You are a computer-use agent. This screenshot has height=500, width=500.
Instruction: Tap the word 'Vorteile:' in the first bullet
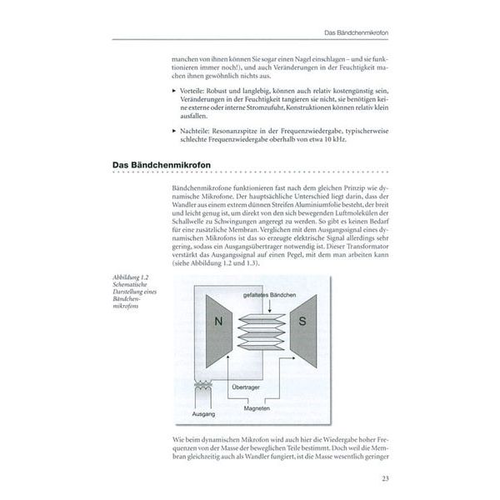tap(190, 87)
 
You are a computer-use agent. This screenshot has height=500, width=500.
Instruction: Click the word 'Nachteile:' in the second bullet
tap(192, 130)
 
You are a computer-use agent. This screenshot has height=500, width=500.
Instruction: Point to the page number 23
tap(384, 477)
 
